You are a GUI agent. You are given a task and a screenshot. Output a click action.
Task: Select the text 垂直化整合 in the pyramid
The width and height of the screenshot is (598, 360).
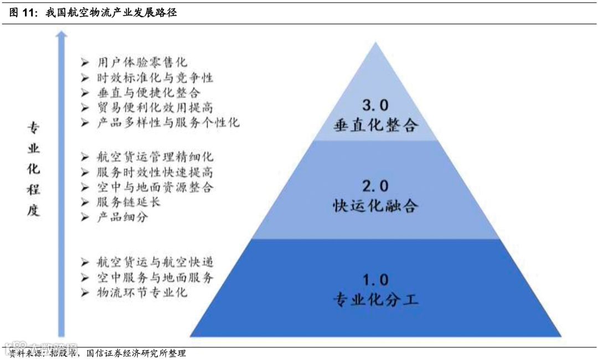[375, 125]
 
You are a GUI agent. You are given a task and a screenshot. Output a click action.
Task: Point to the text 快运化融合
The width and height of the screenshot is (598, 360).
[375, 205]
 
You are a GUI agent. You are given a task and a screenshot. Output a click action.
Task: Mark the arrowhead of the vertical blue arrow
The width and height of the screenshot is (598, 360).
[61, 36]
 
